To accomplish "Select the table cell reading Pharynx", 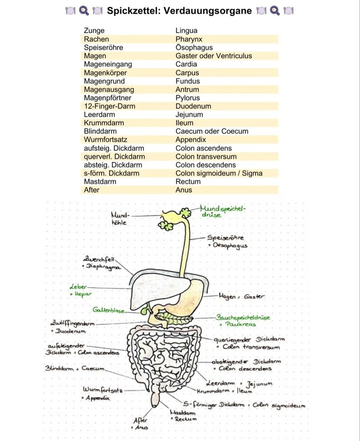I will [x=189, y=39].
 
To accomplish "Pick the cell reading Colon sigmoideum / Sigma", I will [x=219, y=173].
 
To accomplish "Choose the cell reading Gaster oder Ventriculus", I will [x=214, y=56].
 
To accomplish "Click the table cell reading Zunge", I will [x=94, y=30].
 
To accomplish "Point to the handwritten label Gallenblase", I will [x=108, y=310].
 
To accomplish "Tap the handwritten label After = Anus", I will [x=140, y=424].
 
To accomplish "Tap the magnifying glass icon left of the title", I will [x=84, y=10].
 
